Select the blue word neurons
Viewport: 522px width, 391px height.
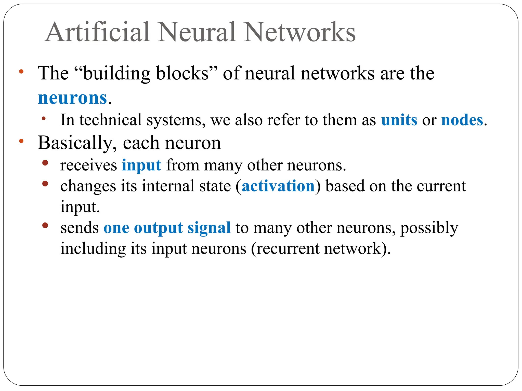pyautogui.click(x=72, y=98)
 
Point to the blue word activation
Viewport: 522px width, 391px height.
pyautogui.click(x=278, y=186)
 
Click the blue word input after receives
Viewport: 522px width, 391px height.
pyautogui.click(x=141, y=165)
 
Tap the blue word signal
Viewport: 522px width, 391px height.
pyautogui.click(x=209, y=227)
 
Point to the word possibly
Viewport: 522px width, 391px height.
pyautogui.click(x=429, y=228)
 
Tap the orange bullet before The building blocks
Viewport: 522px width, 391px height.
pyautogui.click(x=21, y=72)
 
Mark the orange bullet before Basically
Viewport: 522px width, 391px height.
pyautogui.click(x=21, y=141)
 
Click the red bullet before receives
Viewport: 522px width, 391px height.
pyautogui.click(x=45, y=163)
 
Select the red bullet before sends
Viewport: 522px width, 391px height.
pyautogui.click(x=45, y=225)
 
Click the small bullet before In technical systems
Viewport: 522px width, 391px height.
pyautogui.click(x=44, y=118)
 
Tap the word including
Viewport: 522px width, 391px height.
pyautogui.click(x=93, y=249)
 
